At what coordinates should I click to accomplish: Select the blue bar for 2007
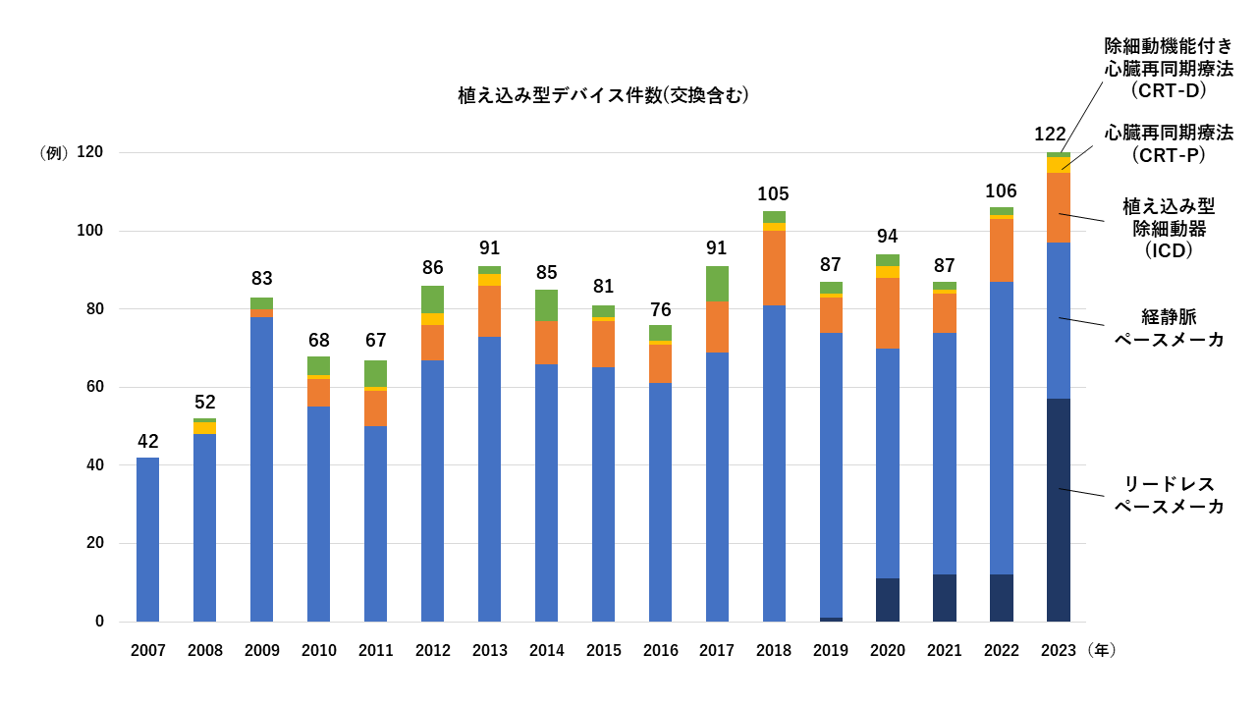pyautogui.click(x=147, y=539)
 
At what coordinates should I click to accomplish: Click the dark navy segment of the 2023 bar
pyautogui.click(x=1058, y=510)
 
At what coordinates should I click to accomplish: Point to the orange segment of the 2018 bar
pyautogui.click(x=774, y=268)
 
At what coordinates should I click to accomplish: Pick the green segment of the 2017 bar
pyautogui.click(x=717, y=284)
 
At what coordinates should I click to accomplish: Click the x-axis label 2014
pyautogui.click(x=546, y=650)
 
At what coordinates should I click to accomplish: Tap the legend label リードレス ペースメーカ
pyautogui.click(x=1169, y=496)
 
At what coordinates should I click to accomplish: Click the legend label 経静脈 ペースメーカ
pyautogui.click(x=1169, y=328)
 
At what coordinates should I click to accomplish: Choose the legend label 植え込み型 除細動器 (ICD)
pyautogui.click(x=1169, y=228)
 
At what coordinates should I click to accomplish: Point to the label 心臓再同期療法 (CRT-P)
pyautogui.click(x=1169, y=143)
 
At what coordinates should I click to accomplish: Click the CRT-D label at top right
pyautogui.click(x=1169, y=69)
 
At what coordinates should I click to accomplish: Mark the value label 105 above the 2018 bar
pyautogui.click(x=773, y=194)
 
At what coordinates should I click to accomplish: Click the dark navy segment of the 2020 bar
pyautogui.click(x=887, y=600)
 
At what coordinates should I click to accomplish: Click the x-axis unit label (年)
pyautogui.click(x=1103, y=650)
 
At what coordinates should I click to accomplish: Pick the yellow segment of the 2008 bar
pyautogui.click(x=204, y=428)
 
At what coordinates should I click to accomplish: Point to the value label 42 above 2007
pyautogui.click(x=147, y=442)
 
